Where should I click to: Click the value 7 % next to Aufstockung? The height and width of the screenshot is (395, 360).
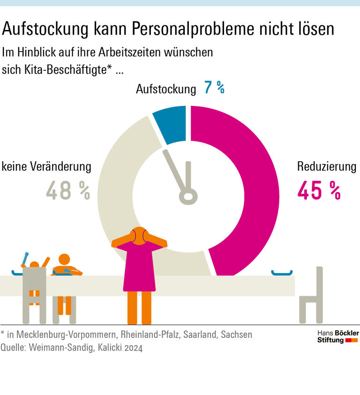[214, 88]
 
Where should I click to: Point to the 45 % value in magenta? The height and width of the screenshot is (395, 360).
[319, 190]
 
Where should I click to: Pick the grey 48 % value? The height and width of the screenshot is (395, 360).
[68, 190]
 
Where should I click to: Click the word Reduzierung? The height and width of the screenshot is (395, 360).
[327, 167]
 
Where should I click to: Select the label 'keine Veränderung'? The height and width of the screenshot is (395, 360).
[46, 167]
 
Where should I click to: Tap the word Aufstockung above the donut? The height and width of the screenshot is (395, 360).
[166, 89]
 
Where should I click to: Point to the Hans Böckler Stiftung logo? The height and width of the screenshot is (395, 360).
[337, 336]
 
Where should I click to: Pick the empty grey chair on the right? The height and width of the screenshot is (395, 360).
[312, 295]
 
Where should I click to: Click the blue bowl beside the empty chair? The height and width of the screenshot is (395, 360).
[282, 272]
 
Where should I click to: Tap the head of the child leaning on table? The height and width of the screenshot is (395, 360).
[64, 260]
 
